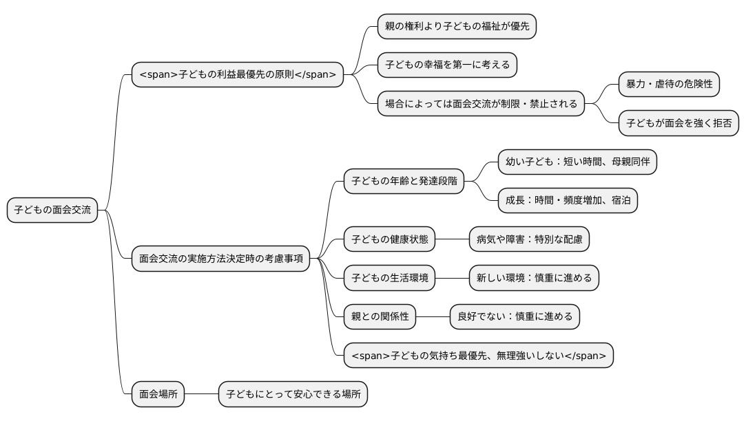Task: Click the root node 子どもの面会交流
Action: coord(52,210)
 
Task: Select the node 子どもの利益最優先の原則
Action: coord(237,74)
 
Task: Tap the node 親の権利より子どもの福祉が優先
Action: coord(457,27)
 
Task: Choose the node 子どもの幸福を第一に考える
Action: coord(447,65)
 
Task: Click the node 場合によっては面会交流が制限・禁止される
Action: coord(481,105)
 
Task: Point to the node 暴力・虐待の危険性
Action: coord(669,85)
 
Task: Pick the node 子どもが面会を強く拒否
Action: coord(678,124)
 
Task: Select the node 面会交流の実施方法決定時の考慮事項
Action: coord(220,259)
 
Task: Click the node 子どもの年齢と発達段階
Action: coord(404,182)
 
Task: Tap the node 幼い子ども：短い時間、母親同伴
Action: coord(577,162)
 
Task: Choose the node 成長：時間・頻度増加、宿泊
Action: coord(568,201)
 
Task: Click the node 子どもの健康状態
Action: coord(389,239)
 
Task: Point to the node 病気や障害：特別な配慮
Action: coord(529,239)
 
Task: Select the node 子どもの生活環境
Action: coord(389,278)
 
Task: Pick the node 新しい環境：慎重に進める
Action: coord(534,278)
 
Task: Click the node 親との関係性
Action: coord(380,316)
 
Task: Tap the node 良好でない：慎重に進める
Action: coord(515,316)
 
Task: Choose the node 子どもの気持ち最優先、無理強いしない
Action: coord(478,356)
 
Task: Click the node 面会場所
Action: coord(158,395)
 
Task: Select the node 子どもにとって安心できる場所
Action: coord(293,395)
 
